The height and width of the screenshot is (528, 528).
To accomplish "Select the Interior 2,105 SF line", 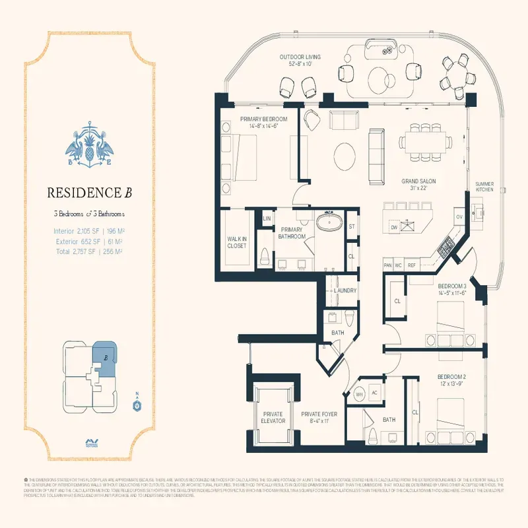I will tap(90, 231).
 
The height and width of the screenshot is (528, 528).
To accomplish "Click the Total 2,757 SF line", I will tap(90, 251).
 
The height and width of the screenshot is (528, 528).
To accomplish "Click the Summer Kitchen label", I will tap(484, 186).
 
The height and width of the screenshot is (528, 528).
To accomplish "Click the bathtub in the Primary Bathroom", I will tap(328, 222).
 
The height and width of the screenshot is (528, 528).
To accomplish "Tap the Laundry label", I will tap(345, 290).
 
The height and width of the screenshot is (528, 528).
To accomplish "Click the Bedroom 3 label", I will tap(451, 289).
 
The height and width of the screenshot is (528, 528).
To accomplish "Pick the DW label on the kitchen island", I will tap(393, 227).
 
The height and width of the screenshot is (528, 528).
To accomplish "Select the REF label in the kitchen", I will tap(412, 265).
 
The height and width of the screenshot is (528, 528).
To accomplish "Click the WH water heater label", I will tap(360, 394).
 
